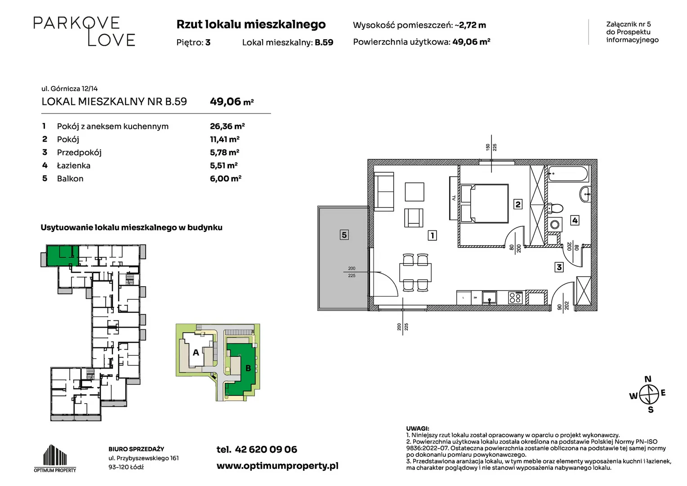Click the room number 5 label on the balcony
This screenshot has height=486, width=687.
pos(344,235)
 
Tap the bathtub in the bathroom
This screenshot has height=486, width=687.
pos(568,174)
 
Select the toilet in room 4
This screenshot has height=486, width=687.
pos(555,209)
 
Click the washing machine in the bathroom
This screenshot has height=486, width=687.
pos(555,225)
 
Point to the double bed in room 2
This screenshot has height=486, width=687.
pos(484,203)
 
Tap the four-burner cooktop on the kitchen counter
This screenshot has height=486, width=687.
pos(515,297)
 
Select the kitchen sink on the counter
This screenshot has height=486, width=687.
pos(489,297)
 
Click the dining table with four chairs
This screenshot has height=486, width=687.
pos(415,272)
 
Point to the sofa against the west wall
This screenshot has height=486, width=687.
pos(384,192)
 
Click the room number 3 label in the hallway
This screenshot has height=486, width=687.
pos(559,267)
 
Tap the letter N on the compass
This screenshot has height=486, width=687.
pos(648,379)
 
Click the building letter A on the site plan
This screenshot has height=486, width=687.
pos(196,352)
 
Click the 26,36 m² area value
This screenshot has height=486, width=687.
pos(227,126)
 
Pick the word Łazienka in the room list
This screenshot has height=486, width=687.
pos(74,166)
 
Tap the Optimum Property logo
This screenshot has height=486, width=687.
pos(55,458)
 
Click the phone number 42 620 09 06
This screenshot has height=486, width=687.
pos(266,450)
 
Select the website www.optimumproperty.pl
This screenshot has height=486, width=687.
pos(277,466)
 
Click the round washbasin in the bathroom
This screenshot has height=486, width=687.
pos(585,194)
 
